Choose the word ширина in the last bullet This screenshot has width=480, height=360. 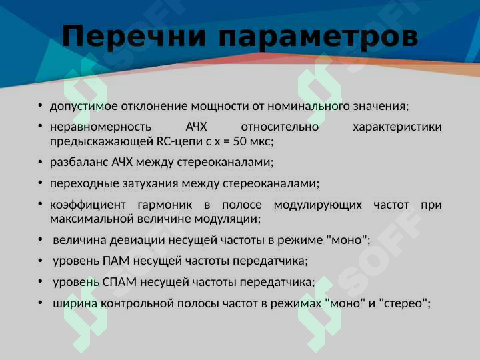75,303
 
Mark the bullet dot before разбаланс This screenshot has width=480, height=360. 40,162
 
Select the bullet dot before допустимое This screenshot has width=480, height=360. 40,106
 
